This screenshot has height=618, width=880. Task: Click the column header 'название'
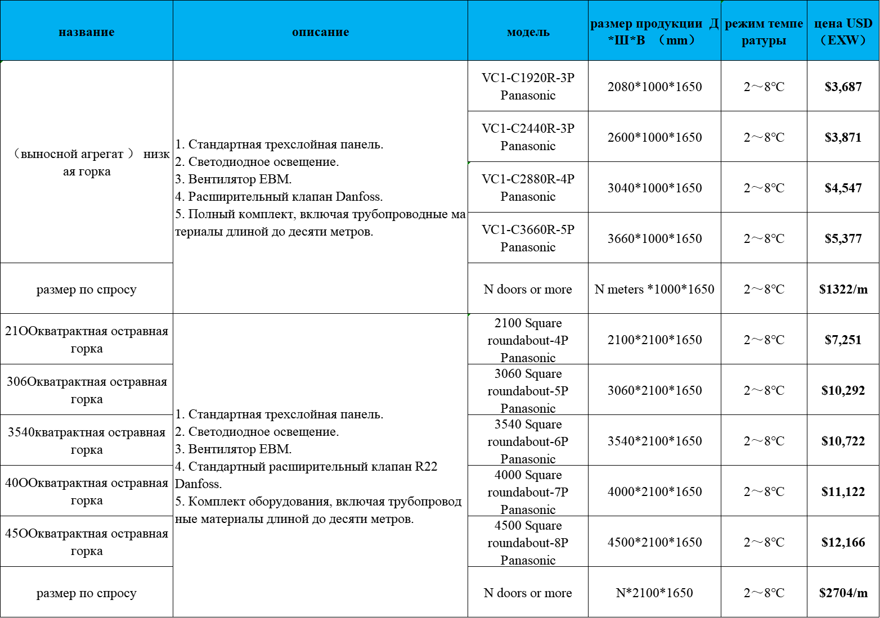point(87,32)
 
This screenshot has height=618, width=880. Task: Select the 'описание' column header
point(320,32)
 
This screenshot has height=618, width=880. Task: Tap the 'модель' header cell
point(528,32)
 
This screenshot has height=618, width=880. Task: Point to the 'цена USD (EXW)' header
point(843,31)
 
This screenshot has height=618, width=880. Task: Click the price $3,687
point(843,87)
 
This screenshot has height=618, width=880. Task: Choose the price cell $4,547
point(843,188)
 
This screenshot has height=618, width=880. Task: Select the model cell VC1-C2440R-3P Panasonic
point(528,137)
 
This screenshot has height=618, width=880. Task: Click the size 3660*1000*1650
point(654,238)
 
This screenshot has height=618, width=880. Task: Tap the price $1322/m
point(843,289)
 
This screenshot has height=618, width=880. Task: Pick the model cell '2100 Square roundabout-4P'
point(528,340)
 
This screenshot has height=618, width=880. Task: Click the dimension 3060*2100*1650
point(654,390)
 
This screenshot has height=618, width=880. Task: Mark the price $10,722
point(843,441)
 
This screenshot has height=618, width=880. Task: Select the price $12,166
point(843,542)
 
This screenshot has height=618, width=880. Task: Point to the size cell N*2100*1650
point(654,593)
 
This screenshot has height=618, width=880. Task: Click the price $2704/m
point(843,593)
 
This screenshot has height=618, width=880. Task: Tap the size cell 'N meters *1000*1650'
point(654,289)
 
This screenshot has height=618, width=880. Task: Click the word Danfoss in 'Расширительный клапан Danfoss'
point(358,197)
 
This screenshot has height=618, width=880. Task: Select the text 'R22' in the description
point(426,466)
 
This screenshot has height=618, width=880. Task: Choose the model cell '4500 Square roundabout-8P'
point(528,542)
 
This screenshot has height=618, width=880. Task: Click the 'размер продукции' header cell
point(654,31)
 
